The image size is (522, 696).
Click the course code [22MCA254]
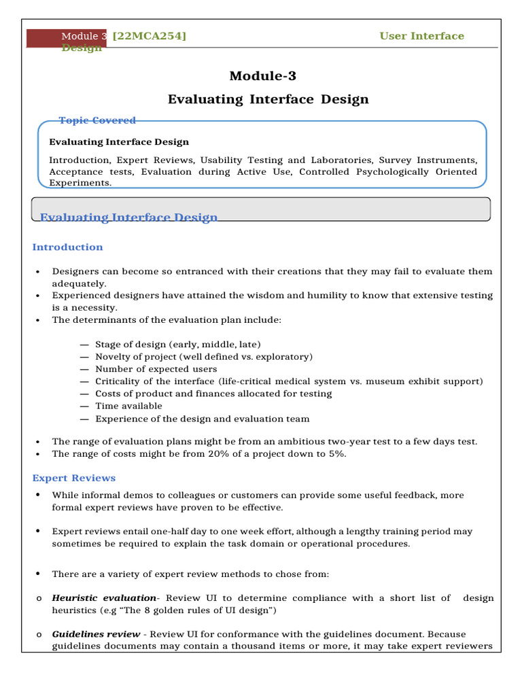150,36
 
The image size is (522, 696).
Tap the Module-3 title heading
262,76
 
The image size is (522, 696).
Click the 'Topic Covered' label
97,120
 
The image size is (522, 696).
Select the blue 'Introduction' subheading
68,247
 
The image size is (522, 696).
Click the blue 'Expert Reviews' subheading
74,478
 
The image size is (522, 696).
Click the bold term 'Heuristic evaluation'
104,598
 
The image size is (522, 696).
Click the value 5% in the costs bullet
336,454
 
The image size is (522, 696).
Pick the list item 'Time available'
128,406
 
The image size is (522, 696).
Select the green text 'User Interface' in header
421,36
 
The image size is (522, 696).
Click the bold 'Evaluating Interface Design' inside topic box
119,142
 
